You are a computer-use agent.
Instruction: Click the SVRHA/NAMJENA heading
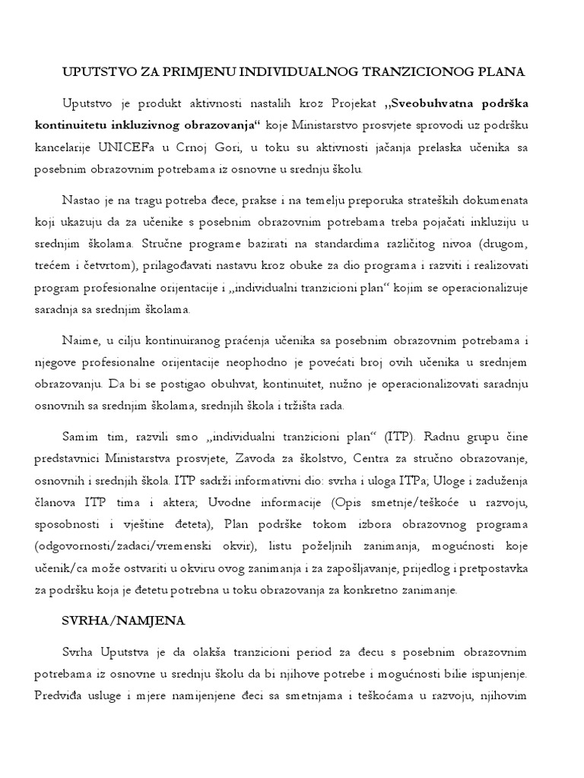[122, 621]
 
